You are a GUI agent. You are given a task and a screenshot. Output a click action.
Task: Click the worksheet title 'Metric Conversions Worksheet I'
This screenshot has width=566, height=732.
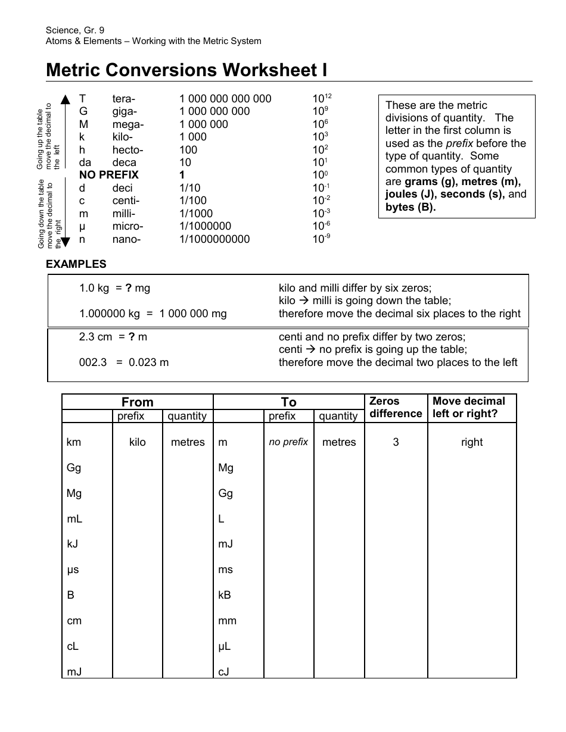(x=186, y=70)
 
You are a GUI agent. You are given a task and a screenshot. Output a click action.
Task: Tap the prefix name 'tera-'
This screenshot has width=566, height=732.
(x=124, y=99)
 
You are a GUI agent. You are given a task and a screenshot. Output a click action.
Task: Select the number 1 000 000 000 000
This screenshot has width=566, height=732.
(x=225, y=99)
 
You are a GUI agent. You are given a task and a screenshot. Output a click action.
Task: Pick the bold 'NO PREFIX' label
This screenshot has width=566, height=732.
(x=109, y=175)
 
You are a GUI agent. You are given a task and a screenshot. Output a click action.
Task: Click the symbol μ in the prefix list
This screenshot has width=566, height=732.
(x=83, y=227)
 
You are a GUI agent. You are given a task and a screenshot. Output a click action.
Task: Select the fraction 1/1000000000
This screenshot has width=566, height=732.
(x=214, y=239)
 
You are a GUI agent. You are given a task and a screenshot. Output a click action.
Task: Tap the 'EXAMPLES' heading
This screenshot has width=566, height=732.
(x=76, y=264)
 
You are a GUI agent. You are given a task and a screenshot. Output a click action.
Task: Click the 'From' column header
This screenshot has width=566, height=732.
(x=137, y=402)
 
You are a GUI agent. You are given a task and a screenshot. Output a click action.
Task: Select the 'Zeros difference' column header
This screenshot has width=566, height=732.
(x=396, y=407)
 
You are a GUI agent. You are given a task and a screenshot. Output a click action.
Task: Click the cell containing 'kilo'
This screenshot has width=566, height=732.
(x=137, y=442)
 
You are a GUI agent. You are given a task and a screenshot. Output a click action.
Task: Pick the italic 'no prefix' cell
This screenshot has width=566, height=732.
(x=288, y=442)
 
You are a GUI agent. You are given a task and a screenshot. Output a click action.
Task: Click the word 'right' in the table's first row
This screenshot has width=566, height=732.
(x=472, y=442)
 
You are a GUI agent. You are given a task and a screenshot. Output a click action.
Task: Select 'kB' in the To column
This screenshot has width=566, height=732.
(x=225, y=595)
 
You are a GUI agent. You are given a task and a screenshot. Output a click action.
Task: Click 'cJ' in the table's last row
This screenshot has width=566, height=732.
(x=224, y=672)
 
